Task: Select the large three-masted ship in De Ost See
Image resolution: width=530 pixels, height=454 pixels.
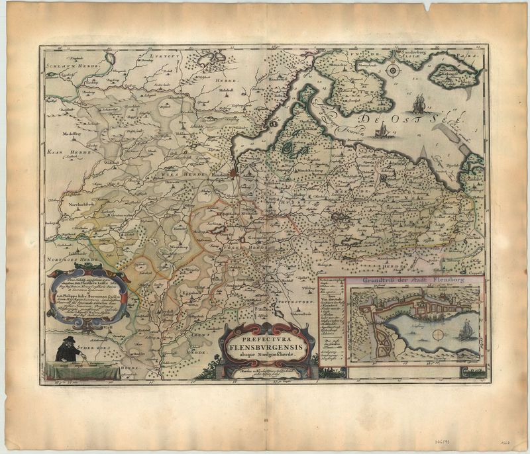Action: click(x=419, y=105)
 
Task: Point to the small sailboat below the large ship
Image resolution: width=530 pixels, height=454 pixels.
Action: click(x=382, y=132)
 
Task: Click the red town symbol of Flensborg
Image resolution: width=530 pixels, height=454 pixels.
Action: click(x=233, y=173)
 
